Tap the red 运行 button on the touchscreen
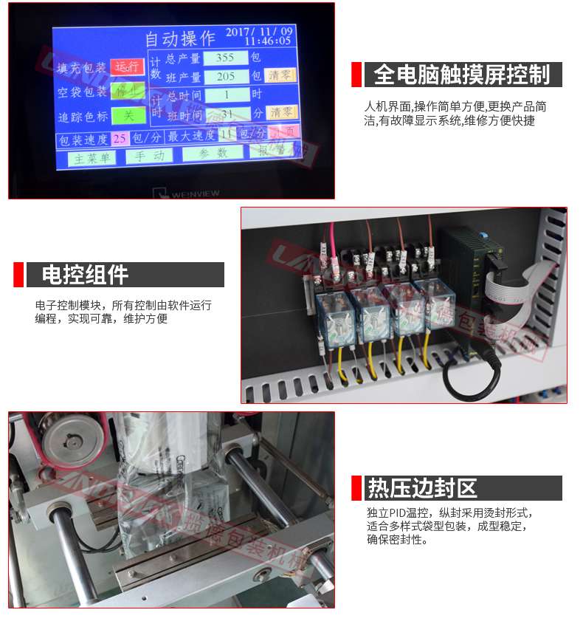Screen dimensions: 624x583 point(127,67)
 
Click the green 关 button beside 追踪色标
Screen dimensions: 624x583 point(128,116)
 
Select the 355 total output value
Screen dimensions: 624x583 point(225,58)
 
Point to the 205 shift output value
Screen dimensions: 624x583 point(226,76)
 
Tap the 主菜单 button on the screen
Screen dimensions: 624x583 point(92,157)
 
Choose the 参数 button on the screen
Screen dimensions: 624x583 point(213,154)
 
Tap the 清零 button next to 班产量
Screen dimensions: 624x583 point(280,75)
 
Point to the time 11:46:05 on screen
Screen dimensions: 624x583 point(268,41)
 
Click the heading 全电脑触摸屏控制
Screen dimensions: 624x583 point(461,75)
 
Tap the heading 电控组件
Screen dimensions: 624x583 point(86,275)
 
